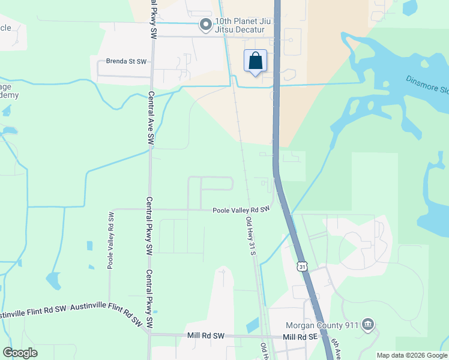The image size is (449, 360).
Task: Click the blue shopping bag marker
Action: click(255, 61)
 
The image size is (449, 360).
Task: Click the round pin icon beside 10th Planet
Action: click(205, 25)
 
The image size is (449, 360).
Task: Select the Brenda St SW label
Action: click(126, 61)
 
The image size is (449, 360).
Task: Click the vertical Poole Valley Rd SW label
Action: click(111, 240)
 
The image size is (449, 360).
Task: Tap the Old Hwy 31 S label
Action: click(251, 236)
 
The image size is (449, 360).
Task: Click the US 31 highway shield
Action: click(301, 265)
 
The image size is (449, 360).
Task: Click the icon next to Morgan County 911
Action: click(368, 326)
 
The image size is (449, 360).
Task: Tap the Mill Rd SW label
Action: click(205, 337)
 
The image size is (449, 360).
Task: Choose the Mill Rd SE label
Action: click(300, 337)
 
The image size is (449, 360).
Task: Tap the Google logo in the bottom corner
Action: click(20, 353)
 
